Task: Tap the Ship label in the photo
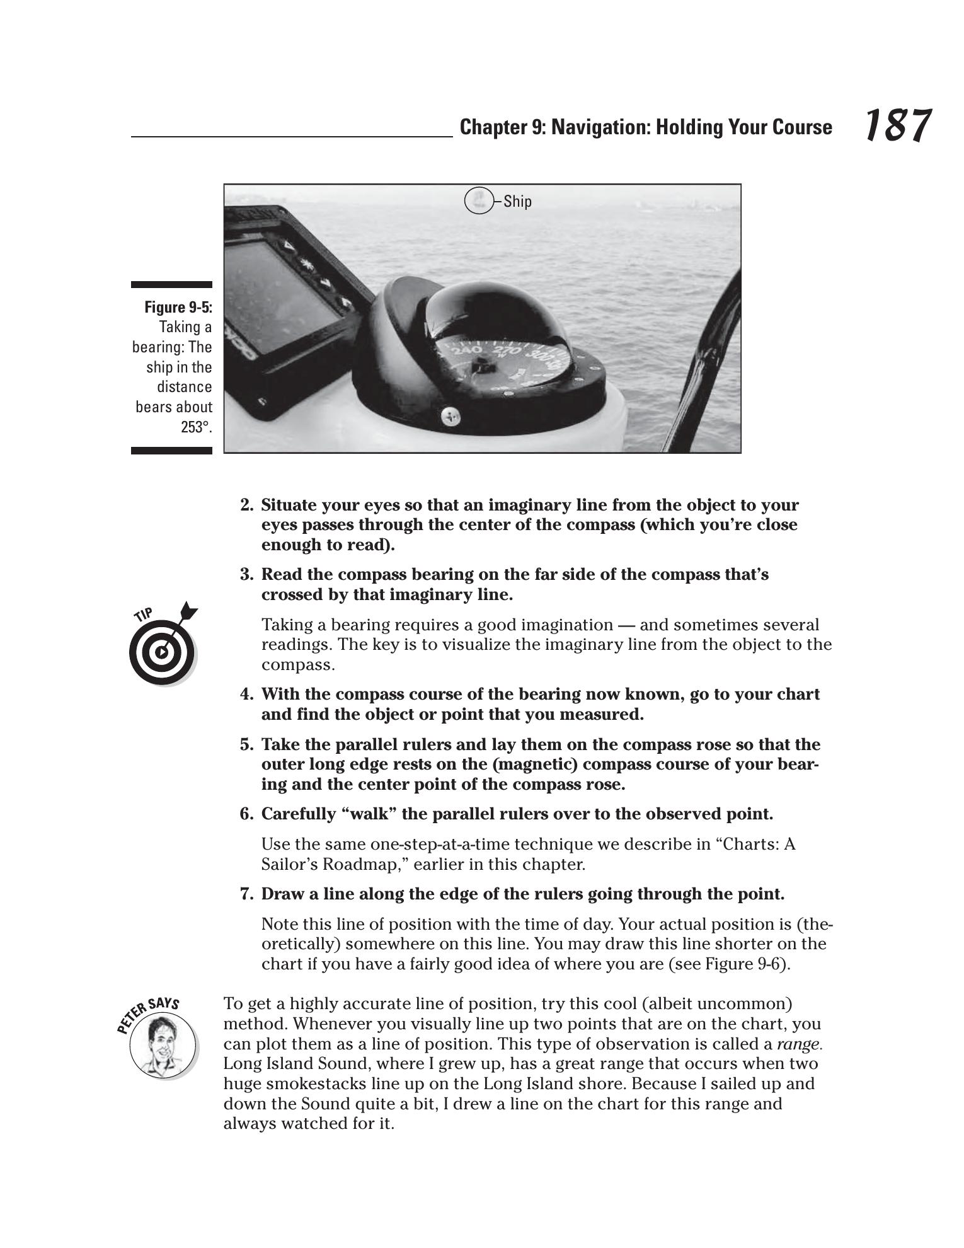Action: (517, 202)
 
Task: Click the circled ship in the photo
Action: (478, 200)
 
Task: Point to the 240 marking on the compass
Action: (468, 350)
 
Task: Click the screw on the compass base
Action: (450, 415)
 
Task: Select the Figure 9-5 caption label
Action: (178, 307)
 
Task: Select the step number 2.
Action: (246, 506)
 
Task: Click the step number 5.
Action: (246, 745)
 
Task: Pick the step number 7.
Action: (246, 894)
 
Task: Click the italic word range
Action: (799, 1044)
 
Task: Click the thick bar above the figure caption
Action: (171, 286)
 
